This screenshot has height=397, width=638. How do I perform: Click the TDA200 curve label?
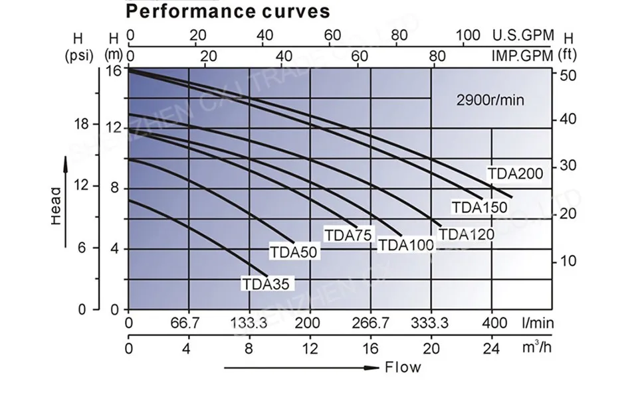click(516, 174)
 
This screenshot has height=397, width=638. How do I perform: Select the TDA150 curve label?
click(479, 207)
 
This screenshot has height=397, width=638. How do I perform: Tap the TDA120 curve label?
click(466, 234)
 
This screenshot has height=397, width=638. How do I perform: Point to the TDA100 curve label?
click(405, 245)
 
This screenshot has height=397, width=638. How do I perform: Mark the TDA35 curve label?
click(266, 285)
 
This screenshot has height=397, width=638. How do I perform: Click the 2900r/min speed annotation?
click(490, 100)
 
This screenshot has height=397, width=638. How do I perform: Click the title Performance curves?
click(227, 11)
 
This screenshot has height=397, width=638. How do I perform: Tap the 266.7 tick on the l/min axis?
click(371, 323)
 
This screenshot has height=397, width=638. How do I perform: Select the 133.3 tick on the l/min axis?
click(249, 323)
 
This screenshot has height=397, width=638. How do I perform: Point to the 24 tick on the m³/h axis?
click(491, 348)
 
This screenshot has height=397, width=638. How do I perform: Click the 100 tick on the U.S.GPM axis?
click(469, 35)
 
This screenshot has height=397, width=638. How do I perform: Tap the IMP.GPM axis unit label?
click(522, 56)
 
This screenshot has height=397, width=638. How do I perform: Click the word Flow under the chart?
click(403, 367)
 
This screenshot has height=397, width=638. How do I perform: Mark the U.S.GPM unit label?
click(522, 35)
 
